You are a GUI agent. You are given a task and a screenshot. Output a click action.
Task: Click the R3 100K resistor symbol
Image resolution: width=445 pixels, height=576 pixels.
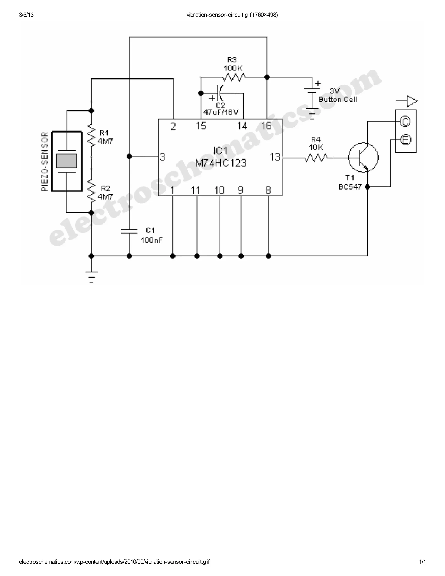point(234,77)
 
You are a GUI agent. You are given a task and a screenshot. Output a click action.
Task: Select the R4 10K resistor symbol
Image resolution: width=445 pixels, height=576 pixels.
point(316,158)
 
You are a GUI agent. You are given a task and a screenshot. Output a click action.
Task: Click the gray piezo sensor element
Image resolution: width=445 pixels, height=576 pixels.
point(66,161)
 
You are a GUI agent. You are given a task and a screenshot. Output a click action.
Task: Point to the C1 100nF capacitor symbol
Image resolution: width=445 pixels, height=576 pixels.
point(129,231)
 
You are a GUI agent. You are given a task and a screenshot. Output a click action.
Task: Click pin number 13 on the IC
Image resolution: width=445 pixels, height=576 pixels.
point(275,157)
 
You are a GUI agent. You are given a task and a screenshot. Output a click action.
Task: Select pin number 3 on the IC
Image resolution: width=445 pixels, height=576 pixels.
point(162,157)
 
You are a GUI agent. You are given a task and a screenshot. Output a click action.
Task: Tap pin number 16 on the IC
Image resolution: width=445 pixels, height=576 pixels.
point(266,126)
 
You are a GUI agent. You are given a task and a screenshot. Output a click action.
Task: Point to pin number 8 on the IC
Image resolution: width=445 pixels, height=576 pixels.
point(268,190)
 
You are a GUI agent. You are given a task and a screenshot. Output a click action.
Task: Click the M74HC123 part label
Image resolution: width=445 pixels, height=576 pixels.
point(221,163)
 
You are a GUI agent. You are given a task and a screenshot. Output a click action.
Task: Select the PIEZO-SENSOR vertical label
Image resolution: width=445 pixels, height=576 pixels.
point(45,162)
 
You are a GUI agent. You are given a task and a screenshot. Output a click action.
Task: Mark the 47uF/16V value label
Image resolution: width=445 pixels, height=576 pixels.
point(221,112)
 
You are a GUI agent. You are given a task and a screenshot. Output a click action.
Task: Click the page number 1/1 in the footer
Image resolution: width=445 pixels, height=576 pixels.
point(422,562)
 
